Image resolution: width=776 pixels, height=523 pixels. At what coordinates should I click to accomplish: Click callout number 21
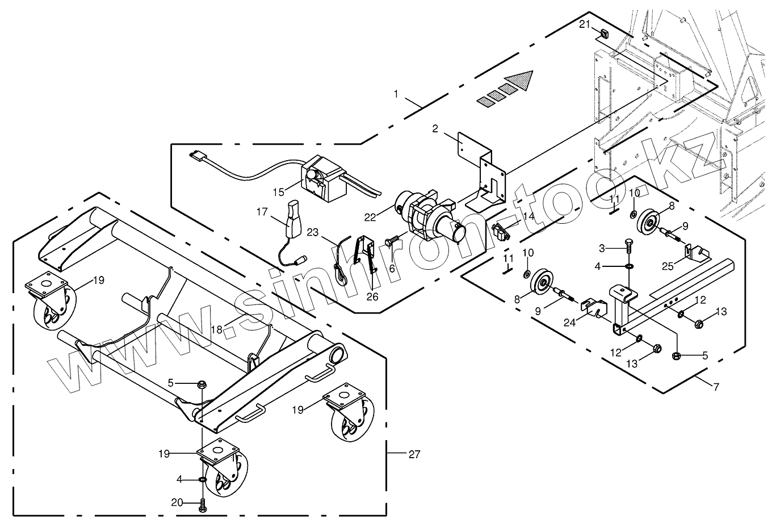(585, 24)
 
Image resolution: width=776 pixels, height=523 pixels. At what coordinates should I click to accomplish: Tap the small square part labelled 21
(604, 34)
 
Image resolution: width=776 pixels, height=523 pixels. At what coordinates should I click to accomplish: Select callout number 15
(278, 193)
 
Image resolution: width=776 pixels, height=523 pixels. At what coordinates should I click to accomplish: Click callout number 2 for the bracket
(435, 129)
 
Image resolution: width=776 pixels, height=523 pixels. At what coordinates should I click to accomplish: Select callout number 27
(414, 454)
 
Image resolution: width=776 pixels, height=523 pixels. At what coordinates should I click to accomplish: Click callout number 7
(716, 387)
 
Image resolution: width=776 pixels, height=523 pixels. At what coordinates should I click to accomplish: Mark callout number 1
(396, 93)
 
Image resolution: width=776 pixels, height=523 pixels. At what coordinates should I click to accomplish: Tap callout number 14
(528, 216)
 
